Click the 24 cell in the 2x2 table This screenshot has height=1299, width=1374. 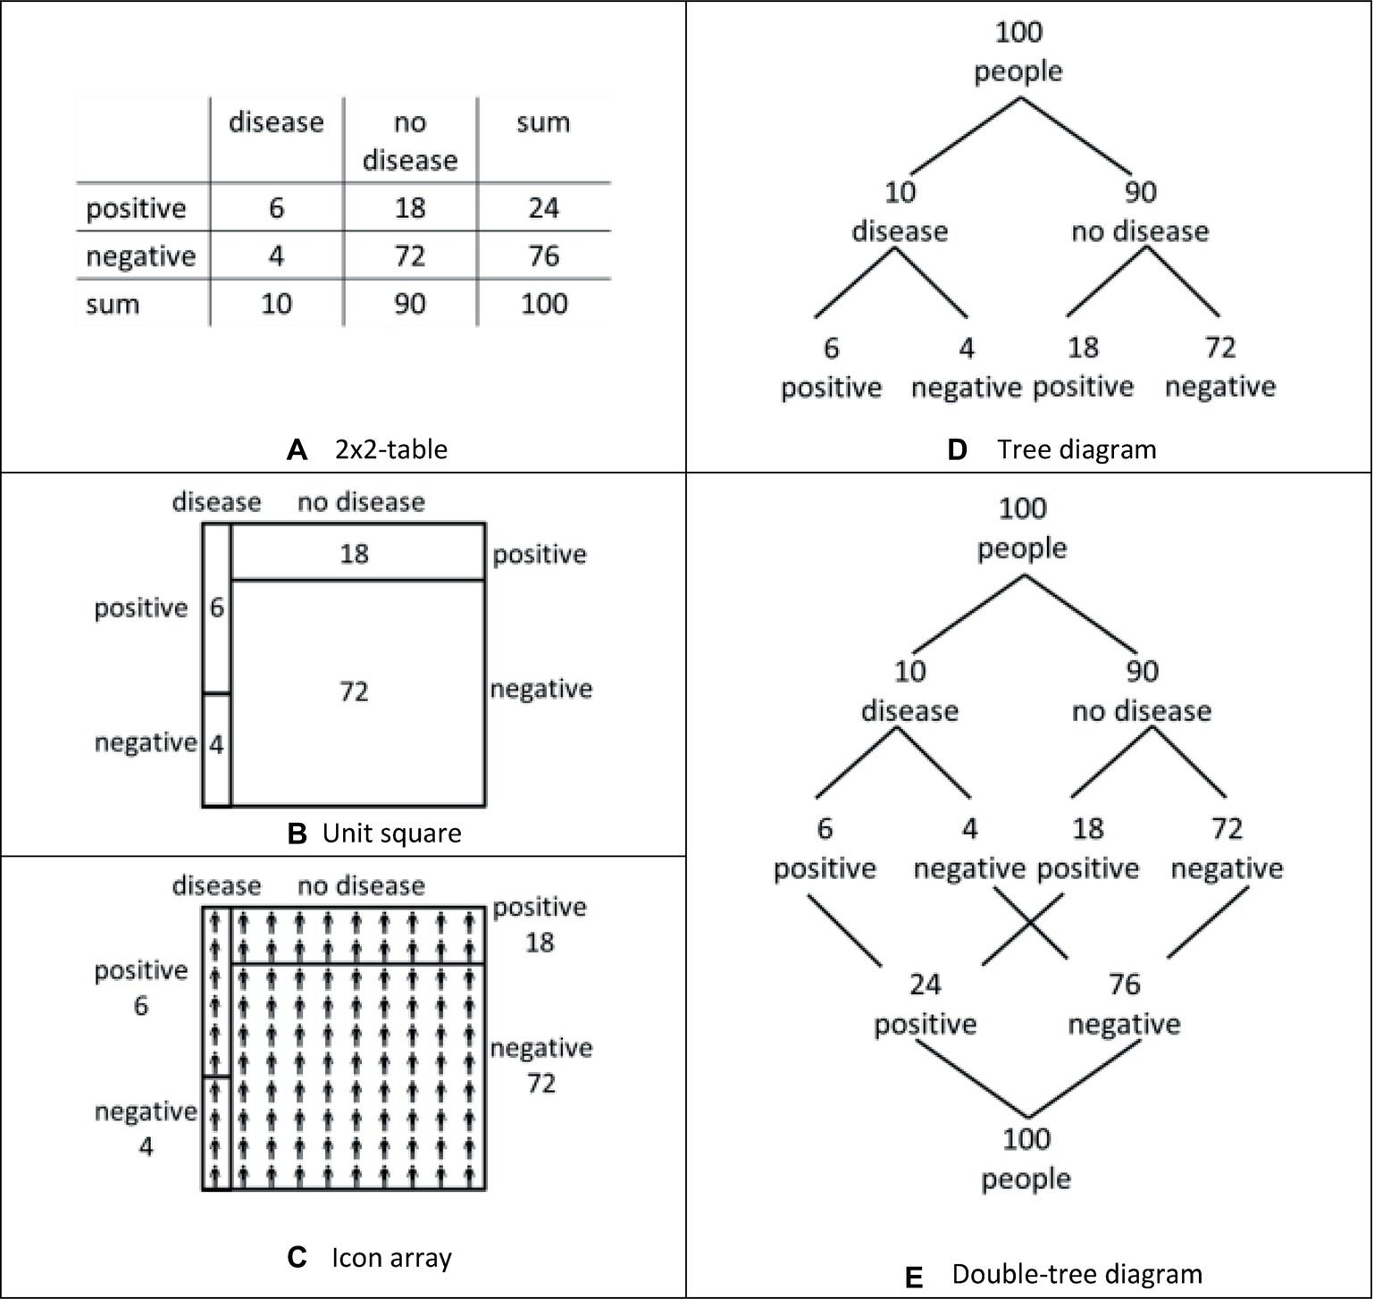543,208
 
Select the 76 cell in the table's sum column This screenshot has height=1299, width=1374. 543,256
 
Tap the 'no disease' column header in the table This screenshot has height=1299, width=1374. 410,140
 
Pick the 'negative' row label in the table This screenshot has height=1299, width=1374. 140,256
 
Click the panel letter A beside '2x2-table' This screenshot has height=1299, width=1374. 297,449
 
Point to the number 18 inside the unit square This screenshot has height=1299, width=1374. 354,554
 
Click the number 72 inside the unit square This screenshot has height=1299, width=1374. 354,691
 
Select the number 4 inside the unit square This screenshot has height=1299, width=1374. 216,744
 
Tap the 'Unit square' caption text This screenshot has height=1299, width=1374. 391,834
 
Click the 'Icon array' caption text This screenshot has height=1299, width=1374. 391,1258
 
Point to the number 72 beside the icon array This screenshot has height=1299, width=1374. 541,1084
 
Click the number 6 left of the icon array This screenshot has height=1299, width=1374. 141,1006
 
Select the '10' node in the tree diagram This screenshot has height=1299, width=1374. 900,192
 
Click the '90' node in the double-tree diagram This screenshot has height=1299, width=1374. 1142,671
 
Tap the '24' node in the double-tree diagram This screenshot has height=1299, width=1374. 926,985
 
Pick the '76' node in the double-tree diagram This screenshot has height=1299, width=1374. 1124,985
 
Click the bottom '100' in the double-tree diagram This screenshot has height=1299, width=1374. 1026,1139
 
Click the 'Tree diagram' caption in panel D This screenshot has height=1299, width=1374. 1077,449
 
